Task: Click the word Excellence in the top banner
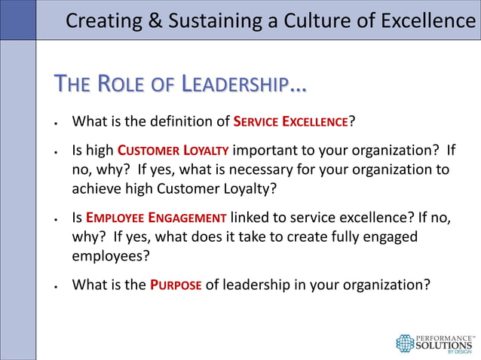point(426,20)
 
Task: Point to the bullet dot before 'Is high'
point(57,151)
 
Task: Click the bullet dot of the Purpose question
point(57,287)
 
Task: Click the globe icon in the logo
point(405,343)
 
